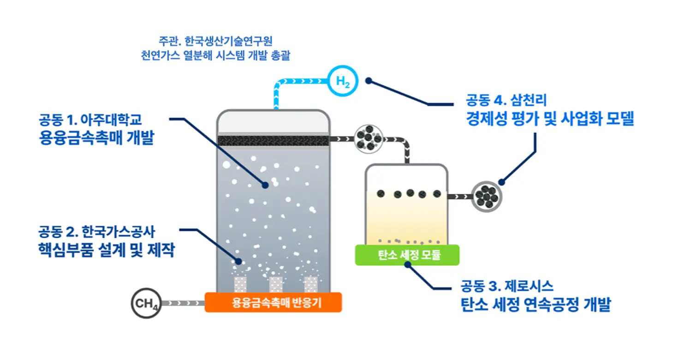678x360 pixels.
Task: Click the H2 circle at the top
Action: click(x=343, y=81)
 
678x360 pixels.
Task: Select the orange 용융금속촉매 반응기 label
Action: click(x=273, y=303)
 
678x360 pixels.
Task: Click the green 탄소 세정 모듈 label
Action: click(x=407, y=255)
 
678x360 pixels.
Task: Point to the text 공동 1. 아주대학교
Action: click(x=90, y=120)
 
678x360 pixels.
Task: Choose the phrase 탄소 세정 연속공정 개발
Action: click(x=535, y=305)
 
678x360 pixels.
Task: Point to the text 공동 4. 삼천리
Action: click(x=506, y=100)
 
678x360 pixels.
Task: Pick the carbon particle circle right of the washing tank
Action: click(x=486, y=197)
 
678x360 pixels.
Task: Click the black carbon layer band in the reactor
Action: click(x=273, y=140)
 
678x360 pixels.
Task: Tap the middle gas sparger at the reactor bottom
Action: click(x=276, y=284)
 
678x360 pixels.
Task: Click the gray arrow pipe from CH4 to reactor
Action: click(x=182, y=303)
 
